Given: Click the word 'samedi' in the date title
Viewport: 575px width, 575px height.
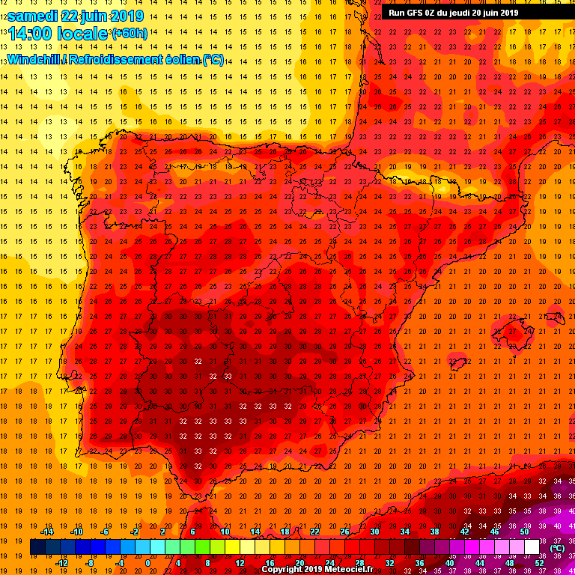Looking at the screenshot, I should pos(31,16).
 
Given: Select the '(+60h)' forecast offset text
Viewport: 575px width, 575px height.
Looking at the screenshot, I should pos(130,34).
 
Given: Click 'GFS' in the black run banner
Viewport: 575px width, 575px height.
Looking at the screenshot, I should pos(414,13).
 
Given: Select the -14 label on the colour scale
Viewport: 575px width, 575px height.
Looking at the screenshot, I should pos(46,532).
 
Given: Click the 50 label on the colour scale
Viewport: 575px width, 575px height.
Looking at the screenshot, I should pos(524,532).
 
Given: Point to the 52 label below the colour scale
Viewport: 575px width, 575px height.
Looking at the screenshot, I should pos(539,563).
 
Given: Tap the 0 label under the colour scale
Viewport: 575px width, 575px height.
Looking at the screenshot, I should pos(147,563).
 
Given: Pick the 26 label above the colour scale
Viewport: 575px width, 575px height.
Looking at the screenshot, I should pos(344,532).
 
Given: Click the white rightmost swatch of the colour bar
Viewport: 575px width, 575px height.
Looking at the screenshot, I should pos(532,547).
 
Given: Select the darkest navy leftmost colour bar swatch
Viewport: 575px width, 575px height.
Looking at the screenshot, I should pos(37,547).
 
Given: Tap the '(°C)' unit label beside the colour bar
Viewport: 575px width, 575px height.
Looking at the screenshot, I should pos(557,547).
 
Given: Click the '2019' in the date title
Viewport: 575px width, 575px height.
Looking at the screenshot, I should pos(127,16).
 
